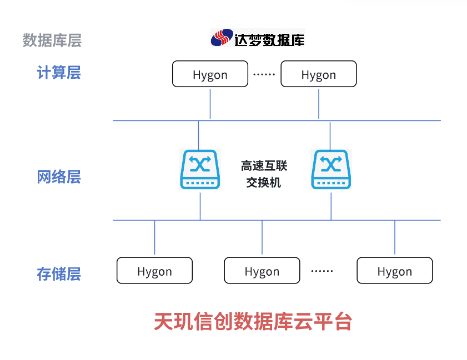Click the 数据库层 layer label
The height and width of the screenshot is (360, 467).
coord(52,40)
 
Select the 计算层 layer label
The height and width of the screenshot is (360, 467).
coord(59,73)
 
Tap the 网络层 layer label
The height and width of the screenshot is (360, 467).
coord(59,177)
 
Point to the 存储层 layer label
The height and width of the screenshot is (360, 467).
coord(59,274)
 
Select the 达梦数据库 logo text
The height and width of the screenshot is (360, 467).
coord(269,39)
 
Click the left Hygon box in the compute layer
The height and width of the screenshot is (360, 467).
coord(210,74)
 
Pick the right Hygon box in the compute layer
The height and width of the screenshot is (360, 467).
coord(319,74)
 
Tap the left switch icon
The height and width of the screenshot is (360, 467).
coord(200,169)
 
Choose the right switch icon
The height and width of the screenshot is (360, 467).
coord(332,169)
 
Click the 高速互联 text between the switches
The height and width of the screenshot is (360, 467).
coord(264,166)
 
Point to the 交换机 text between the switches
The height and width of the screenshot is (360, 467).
coord(264,182)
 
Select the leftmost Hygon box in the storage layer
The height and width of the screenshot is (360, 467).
coord(154,271)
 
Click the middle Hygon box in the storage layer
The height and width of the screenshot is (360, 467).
coord(262,271)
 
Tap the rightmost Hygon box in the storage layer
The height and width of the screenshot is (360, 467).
coord(394,271)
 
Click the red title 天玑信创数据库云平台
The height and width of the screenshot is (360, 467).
coord(253,321)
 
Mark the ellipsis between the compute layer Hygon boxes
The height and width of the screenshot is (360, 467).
coord(264,74)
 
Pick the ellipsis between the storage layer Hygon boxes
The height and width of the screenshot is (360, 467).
coord(322,271)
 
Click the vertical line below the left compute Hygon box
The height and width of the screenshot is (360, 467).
coord(210,103)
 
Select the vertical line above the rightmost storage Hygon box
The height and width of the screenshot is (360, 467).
coord(395,239)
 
